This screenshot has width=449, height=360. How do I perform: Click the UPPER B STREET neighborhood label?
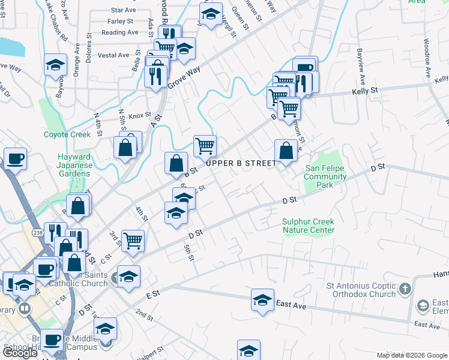[242, 163]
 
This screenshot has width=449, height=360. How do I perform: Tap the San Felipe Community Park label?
[325, 177]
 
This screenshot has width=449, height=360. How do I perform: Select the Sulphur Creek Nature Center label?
[308, 226]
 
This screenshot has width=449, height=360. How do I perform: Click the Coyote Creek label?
[67, 135]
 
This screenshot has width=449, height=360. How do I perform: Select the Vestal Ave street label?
[114, 55]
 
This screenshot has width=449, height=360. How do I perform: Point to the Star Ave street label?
[124, 10]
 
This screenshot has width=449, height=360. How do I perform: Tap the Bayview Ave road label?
[361, 66]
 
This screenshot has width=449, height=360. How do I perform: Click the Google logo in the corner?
[20, 353]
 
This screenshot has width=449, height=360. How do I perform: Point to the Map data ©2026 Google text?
[412, 355]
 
